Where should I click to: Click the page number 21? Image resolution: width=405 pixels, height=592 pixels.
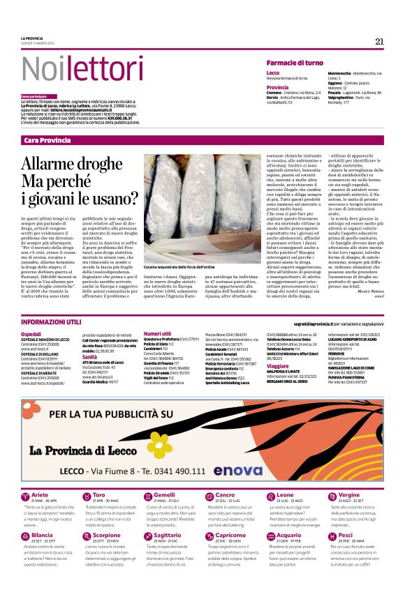point(379,41)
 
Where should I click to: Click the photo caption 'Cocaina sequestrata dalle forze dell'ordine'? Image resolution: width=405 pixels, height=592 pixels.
point(178,267)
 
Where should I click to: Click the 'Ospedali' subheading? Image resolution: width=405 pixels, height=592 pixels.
point(31,335)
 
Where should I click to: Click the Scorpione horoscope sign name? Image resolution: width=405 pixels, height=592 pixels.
point(106,536)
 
